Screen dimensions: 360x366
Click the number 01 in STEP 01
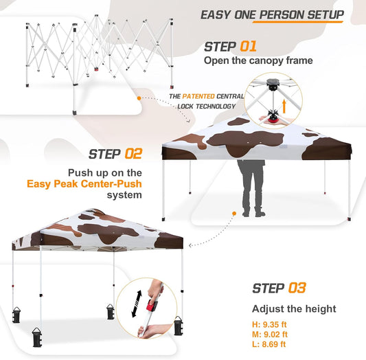[247, 47]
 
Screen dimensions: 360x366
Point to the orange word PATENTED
[199, 97]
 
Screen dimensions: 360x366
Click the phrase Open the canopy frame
[258, 61]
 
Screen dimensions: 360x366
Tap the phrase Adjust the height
[294, 309]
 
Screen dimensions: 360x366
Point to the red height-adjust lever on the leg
[151, 306]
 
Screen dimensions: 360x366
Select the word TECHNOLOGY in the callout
[209, 106]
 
